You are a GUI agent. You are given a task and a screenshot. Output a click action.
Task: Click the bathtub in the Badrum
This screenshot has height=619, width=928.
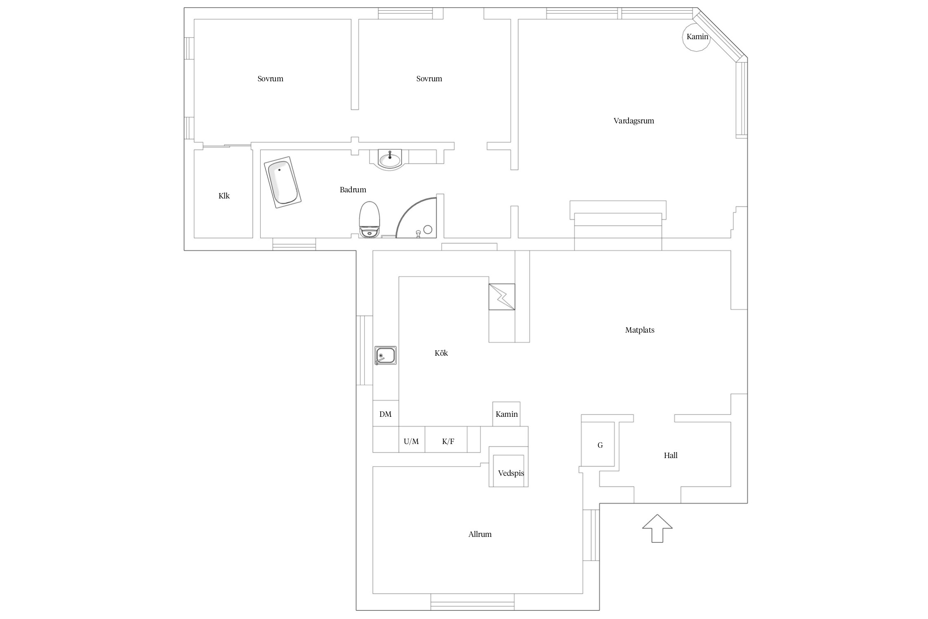[x=283, y=182]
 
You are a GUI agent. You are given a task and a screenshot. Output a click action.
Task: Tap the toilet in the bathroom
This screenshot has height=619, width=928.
[x=370, y=220]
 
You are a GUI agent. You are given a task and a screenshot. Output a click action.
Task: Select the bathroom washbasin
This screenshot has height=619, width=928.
[x=390, y=159]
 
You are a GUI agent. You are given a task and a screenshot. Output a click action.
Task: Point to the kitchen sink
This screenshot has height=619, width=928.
[x=385, y=355]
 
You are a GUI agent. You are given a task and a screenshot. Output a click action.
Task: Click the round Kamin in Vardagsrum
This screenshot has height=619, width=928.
[x=697, y=37]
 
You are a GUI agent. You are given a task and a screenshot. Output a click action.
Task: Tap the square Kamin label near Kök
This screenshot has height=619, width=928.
[x=506, y=414]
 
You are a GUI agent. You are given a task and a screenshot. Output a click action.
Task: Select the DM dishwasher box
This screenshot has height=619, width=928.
[x=386, y=413]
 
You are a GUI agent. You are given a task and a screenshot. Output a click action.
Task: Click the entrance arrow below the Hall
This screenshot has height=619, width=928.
[x=657, y=528]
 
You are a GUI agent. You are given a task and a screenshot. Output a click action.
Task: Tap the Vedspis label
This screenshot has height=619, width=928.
[x=511, y=473]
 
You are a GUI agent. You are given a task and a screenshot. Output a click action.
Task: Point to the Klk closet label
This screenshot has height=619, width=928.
[x=224, y=196]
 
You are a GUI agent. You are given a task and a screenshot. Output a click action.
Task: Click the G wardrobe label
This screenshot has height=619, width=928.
[x=600, y=445]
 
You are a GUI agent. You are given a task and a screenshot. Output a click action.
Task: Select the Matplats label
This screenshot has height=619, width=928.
[x=640, y=330]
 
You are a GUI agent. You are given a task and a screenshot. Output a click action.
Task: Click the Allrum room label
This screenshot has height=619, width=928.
[x=480, y=534]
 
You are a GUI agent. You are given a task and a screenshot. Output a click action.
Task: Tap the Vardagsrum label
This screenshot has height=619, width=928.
[x=634, y=121]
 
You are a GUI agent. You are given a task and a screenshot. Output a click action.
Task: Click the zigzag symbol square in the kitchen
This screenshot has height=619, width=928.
[x=502, y=297]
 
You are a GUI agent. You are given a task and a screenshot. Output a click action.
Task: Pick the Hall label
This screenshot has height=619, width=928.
[x=671, y=456]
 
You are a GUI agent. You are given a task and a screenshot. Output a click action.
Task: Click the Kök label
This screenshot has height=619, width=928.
[x=441, y=353]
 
